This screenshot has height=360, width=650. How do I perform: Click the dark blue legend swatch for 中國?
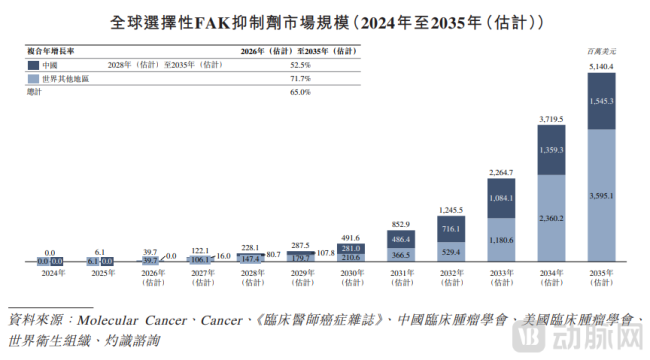click(33, 65)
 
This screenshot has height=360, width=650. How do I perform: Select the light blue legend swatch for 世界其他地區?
click(33, 77)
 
